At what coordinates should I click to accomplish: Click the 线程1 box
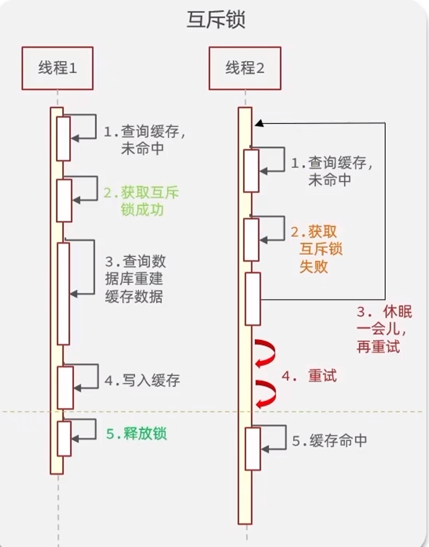point(57,68)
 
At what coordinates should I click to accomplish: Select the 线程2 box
point(245,68)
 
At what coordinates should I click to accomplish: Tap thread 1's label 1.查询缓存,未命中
point(145,140)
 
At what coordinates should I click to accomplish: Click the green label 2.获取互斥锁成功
point(141,201)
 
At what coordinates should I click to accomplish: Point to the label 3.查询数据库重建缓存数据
point(135,279)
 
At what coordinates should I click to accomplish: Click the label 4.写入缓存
point(142,380)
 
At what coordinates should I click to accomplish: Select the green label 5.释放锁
point(136,434)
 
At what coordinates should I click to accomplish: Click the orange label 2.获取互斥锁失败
point(316,249)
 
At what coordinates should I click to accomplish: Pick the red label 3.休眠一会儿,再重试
point(384,329)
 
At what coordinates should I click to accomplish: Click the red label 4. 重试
point(309,375)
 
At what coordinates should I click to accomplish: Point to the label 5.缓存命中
point(329,441)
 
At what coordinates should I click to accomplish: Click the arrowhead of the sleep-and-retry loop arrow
point(258,124)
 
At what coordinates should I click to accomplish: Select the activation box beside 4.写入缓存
point(65,387)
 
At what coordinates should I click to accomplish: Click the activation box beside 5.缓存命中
point(253,448)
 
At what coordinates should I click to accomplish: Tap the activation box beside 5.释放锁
point(64,438)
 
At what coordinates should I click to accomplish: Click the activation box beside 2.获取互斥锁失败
point(252,239)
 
